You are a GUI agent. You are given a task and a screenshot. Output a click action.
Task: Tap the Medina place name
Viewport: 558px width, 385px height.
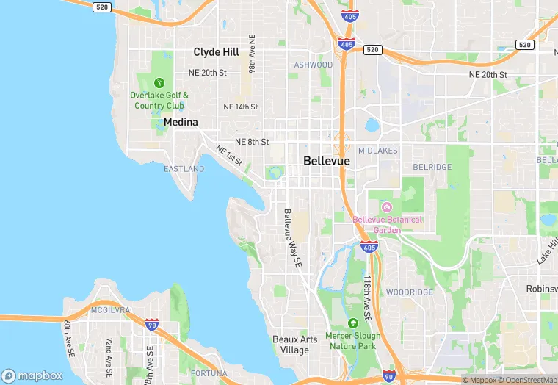click(181, 122)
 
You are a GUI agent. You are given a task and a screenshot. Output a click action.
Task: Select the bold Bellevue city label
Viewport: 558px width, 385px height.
click(326, 161)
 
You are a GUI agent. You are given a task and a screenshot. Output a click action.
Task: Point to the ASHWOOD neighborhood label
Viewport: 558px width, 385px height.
click(314, 65)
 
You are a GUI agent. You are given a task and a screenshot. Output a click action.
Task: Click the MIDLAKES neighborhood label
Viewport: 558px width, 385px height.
click(379, 151)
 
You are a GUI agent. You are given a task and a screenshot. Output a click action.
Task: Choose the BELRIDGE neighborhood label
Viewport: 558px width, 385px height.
click(432, 168)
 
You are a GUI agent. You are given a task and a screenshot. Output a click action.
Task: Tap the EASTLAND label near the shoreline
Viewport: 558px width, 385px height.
click(184, 169)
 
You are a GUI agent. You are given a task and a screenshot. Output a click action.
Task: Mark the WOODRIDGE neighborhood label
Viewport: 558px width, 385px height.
click(410, 292)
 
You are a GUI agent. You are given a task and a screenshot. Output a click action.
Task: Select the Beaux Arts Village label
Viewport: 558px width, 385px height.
click(295, 345)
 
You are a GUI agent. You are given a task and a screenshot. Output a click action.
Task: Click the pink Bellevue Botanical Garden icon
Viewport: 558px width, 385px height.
click(387, 206)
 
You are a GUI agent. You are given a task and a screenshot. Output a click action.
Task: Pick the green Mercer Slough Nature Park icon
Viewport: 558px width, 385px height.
click(352, 323)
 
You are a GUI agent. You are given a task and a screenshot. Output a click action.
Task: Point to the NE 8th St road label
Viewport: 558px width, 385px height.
click(252, 142)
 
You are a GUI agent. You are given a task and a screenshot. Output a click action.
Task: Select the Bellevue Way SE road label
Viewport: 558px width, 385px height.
click(292, 237)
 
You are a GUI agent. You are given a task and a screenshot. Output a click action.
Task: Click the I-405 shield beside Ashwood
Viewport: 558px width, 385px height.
click(347, 44)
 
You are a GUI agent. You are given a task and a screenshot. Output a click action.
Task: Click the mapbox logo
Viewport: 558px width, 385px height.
click(32, 375)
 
